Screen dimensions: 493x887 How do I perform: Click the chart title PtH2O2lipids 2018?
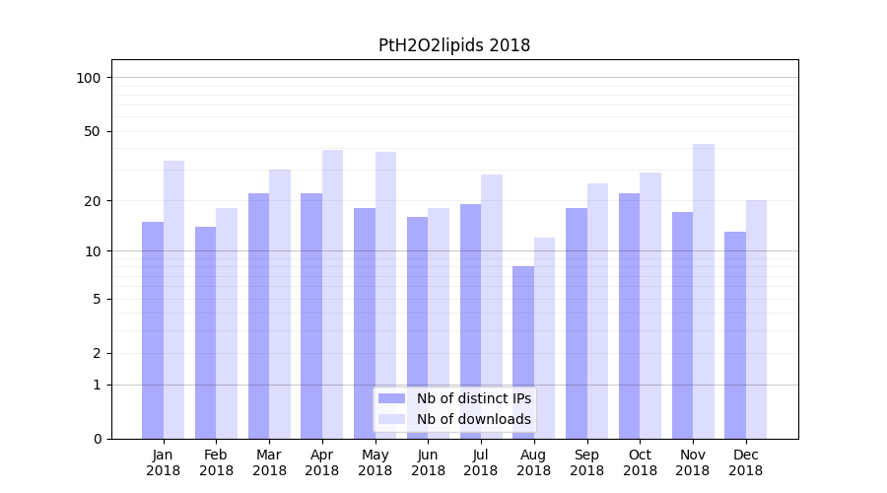pyautogui.click(x=454, y=45)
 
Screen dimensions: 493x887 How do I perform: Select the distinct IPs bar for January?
pyautogui.click(x=153, y=330)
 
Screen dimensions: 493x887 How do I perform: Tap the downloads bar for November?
pyautogui.click(x=704, y=291)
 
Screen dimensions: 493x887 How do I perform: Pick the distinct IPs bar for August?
pyautogui.click(x=523, y=352)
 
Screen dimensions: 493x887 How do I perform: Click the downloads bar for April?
pyautogui.click(x=333, y=294)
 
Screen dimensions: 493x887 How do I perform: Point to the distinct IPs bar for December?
pyautogui.click(x=735, y=335)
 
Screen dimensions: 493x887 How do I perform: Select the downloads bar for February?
pyautogui.click(x=227, y=323)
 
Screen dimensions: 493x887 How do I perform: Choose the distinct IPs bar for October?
pyautogui.click(x=630, y=316)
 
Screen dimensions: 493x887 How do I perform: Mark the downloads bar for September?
pyautogui.click(x=597, y=311)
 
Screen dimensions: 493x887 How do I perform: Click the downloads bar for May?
pyautogui.click(x=385, y=295)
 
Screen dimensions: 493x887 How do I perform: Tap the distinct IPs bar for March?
pyautogui.click(x=259, y=316)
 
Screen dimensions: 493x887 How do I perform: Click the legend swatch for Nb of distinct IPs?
pyautogui.click(x=391, y=398)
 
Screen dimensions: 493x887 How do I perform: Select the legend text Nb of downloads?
pyautogui.click(x=473, y=419)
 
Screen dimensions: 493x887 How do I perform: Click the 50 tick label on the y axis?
pyautogui.click(x=92, y=131)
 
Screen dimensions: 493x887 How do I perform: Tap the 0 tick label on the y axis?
pyautogui.click(x=97, y=439)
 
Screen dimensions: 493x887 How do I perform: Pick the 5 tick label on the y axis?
pyautogui.click(x=97, y=299)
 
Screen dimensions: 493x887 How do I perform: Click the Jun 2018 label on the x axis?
pyautogui.click(x=428, y=462)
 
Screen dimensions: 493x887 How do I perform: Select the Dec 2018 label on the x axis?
pyautogui.click(x=745, y=462)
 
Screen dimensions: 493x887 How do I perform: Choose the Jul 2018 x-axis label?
pyautogui.click(x=481, y=462)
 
